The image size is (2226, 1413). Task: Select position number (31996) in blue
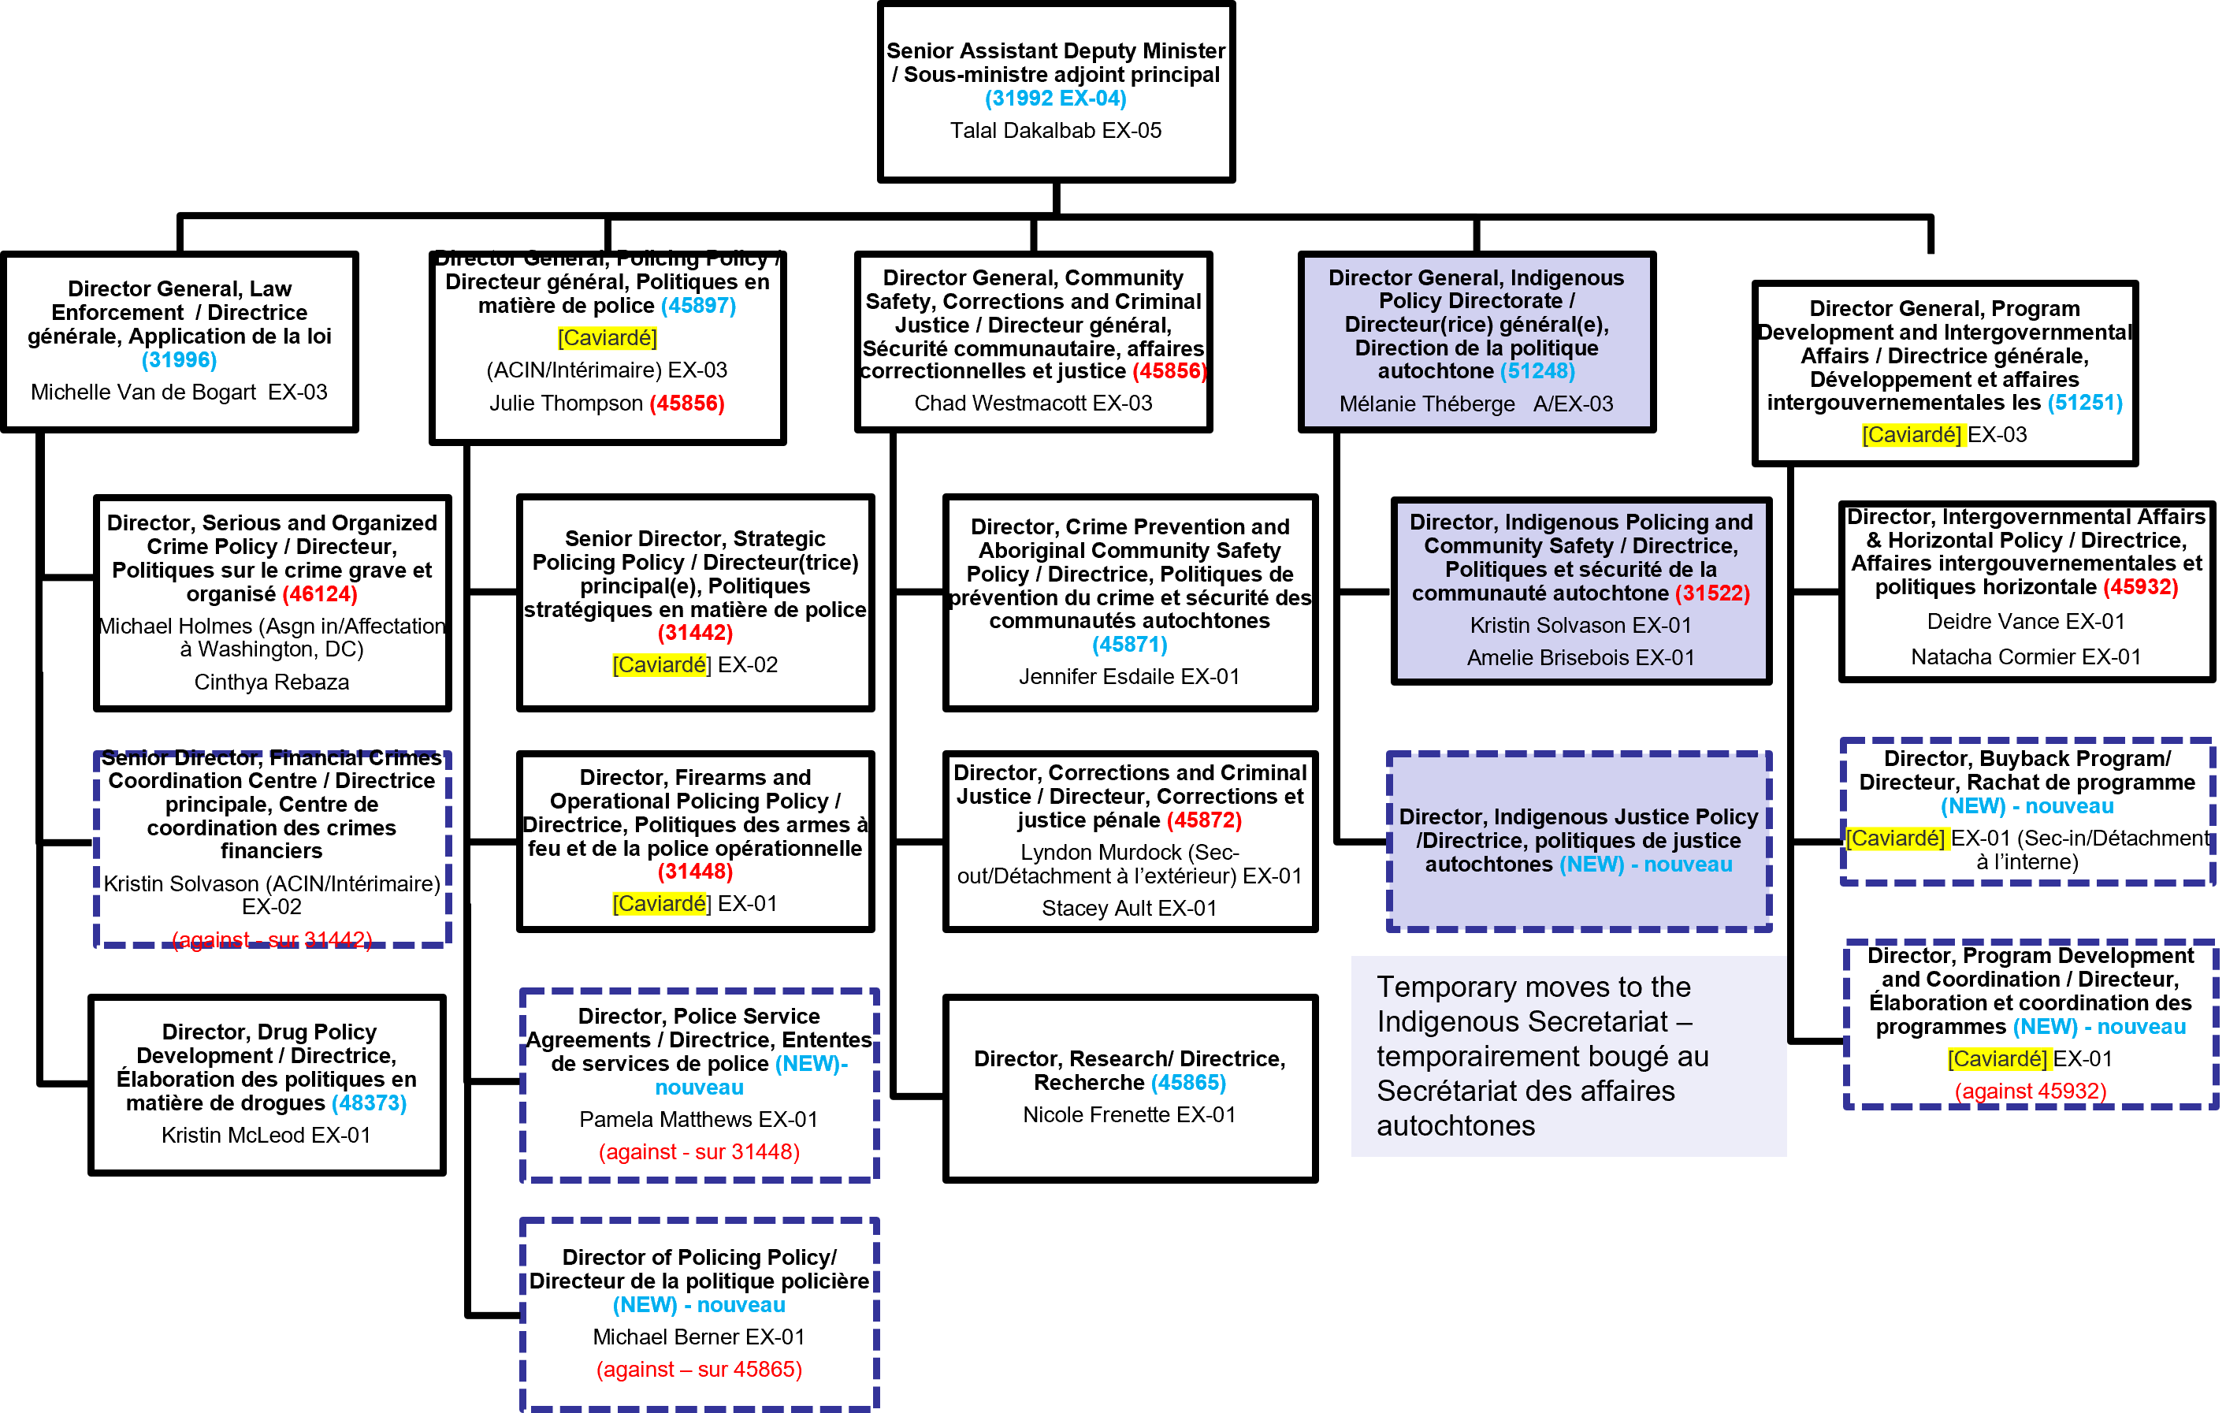click(x=180, y=359)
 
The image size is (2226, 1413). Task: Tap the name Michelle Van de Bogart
click(x=143, y=392)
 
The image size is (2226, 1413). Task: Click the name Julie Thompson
click(x=566, y=403)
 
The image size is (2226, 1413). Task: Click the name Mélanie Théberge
click(x=1426, y=404)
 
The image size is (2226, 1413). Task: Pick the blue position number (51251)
click(x=2085, y=402)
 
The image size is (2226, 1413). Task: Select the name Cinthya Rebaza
click(x=272, y=682)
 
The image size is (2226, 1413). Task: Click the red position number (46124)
click(x=320, y=593)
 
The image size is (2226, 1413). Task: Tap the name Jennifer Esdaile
click(x=1098, y=677)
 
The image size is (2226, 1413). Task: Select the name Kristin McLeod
click(x=234, y=1135)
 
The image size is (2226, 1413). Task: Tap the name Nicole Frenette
click(x=1098, y=1114)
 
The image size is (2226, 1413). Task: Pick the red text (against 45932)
click(x=2030, y=1091)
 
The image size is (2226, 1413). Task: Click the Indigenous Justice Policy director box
click(x=1579, y=841)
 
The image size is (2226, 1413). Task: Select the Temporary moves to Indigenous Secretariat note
click(x=1568, y=1056)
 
